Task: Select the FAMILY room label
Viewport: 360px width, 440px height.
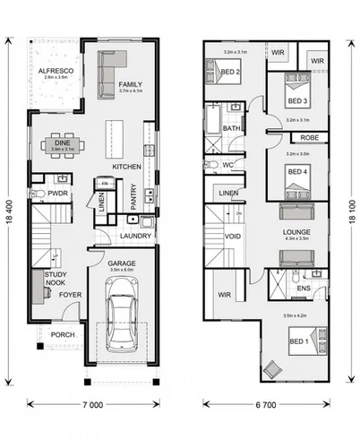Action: [130, 83]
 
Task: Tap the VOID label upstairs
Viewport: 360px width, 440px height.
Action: [233, 237]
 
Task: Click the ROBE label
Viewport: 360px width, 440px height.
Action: [308, 137]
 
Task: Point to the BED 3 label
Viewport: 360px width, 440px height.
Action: [298, 100]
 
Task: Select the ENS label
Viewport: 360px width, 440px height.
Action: [303, 288]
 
